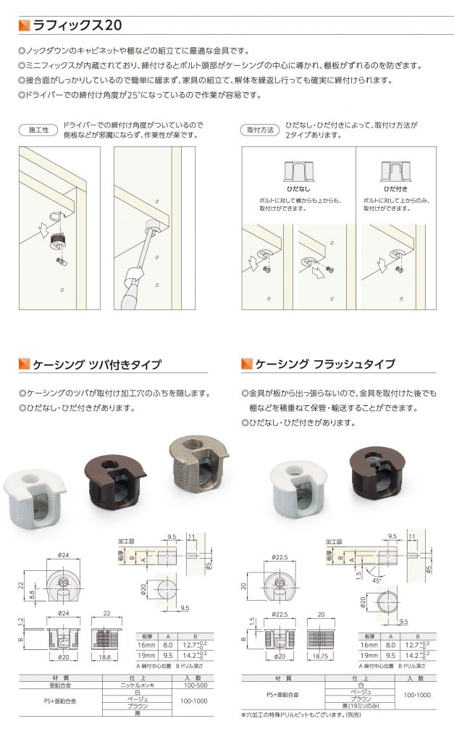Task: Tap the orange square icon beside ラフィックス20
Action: [x=25, y=25]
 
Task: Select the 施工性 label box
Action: [x=38, y=130]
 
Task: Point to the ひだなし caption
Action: [x=298, y=188]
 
